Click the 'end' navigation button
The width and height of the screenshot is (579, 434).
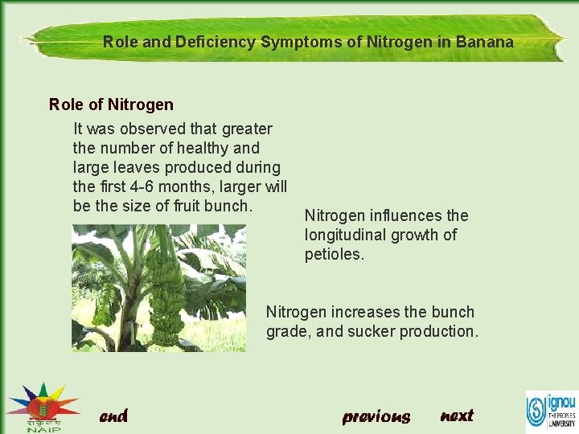click(113, 416)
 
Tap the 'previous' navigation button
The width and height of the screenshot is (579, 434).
click(376, 416)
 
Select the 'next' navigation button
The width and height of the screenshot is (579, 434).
click(457, 415)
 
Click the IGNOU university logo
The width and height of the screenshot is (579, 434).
click(551, 411)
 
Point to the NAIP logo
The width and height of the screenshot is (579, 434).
click(41, 407)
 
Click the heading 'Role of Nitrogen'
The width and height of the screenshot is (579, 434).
click(111, 104)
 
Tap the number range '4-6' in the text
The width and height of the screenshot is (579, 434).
click(149, 186)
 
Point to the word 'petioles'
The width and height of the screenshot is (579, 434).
click(334, 255)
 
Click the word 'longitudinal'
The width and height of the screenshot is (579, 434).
click(347, 235)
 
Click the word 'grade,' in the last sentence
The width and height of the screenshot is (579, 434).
click(288, 331)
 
